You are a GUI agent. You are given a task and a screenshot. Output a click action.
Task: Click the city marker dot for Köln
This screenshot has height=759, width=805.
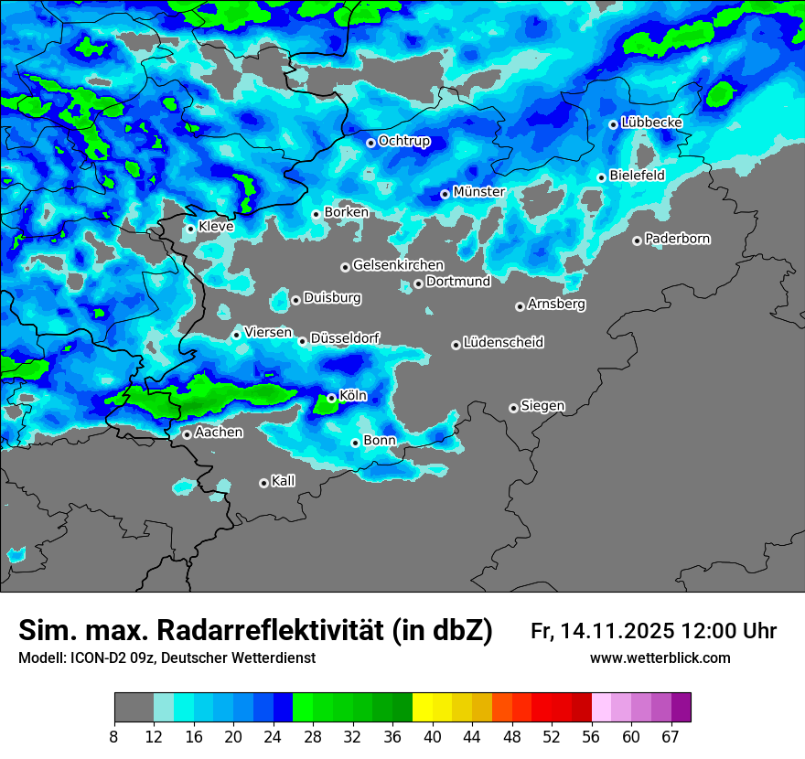[331, 398]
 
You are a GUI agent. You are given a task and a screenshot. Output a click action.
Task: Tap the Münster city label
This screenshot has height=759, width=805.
[478, 192]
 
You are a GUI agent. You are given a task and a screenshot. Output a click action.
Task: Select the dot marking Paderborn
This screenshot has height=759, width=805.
[637, 241]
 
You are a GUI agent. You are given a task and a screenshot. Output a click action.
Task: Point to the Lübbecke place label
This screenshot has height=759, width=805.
[651, 123]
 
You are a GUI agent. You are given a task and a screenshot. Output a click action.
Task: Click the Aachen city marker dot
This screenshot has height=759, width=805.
[187, 434]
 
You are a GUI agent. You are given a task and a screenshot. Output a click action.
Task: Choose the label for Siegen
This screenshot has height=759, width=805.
[542, 406]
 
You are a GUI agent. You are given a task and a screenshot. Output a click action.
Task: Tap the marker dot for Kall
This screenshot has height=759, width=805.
[263, 483]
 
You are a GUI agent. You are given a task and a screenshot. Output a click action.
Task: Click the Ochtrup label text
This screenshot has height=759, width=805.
[403, 141]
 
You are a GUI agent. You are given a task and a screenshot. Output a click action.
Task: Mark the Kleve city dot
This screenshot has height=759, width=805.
[190, 229]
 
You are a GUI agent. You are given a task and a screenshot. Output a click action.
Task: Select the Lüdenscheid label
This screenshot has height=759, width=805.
[503, 343]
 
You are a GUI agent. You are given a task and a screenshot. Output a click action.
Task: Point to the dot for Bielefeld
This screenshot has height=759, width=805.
[601, 177]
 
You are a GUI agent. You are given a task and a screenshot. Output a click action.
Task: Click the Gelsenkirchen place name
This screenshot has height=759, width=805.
[398, 265]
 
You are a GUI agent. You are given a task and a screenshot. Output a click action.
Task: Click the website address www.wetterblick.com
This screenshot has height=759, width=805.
[660, 658]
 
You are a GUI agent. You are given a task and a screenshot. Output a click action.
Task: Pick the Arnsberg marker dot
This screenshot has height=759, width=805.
[520, 306]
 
